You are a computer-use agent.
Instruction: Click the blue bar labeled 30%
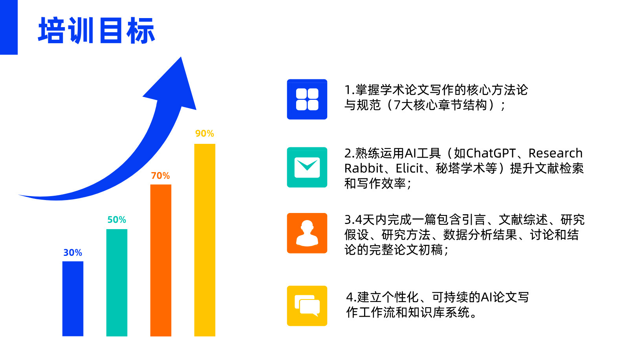(x=73, y=298)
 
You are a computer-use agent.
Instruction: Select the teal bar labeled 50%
(x=117, y=283)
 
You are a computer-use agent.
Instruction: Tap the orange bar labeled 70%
(x=161, y=260)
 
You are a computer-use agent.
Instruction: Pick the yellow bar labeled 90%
(x=205, y=240)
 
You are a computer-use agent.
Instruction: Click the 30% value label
(x=73, y=253)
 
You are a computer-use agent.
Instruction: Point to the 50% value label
(x=117, y=220)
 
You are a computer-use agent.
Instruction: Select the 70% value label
(x=161, y=176)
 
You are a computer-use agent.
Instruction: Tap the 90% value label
(x=205, y=134)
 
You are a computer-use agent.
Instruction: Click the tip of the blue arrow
(x=181, y=57)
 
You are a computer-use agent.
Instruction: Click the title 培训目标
(x=97, y=30)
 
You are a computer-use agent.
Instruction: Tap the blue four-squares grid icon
(x=307, y=99)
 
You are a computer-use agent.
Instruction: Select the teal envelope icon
(x=307, y=167)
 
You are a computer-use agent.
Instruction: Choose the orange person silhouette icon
(x=307, y=233)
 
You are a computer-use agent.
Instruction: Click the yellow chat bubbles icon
(x=307, y=306)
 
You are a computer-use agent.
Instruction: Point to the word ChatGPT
(x=491, y=153)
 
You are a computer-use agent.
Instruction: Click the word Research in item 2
(x=555, y=153)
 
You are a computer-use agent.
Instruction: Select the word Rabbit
(x=363, y=168)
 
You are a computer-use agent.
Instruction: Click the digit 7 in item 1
(x=397, y=105)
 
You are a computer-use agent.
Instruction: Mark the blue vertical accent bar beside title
(x=9, y=27)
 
